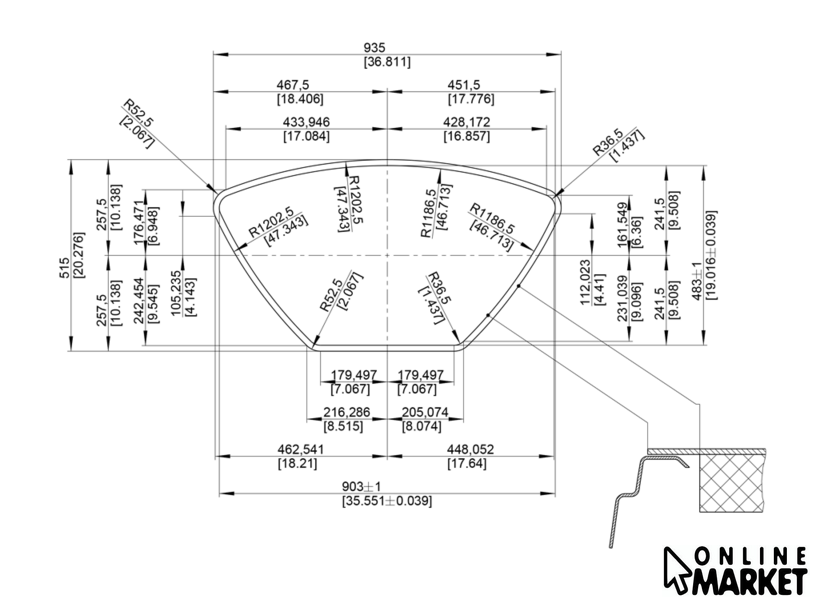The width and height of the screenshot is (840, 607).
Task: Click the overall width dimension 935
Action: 374,48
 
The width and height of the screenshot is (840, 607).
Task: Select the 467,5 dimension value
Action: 292,85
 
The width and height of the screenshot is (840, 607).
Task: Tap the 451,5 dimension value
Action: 464,85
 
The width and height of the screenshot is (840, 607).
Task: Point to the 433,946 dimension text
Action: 306,122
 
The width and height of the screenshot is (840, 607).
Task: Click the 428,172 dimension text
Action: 467,122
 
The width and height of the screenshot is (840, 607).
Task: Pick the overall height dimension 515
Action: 64,268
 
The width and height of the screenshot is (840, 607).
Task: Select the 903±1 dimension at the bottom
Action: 362,486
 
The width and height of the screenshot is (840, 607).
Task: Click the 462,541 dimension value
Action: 301,449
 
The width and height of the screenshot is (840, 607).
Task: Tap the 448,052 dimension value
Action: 470,449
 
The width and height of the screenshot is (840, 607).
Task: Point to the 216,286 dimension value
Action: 347,412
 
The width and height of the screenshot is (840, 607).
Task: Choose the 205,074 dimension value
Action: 425,412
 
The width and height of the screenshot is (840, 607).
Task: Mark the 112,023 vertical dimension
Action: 586,282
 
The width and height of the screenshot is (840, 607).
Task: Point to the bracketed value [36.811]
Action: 387,62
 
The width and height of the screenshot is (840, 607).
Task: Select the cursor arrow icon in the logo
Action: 676,569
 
